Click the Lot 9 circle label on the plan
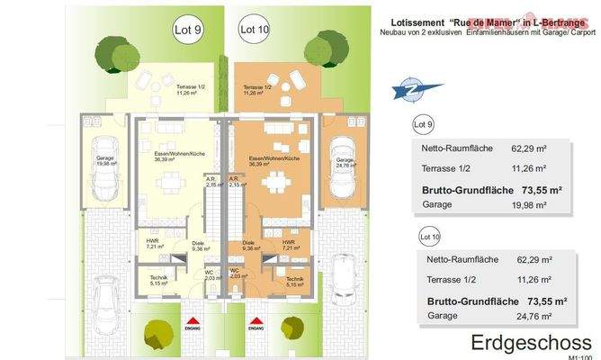(187, 29)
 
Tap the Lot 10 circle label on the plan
(255, 30)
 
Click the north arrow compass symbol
(408, 91)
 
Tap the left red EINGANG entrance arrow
(190, 321)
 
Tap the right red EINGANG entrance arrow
(256, 321)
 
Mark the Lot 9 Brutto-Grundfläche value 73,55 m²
(537, 190)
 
